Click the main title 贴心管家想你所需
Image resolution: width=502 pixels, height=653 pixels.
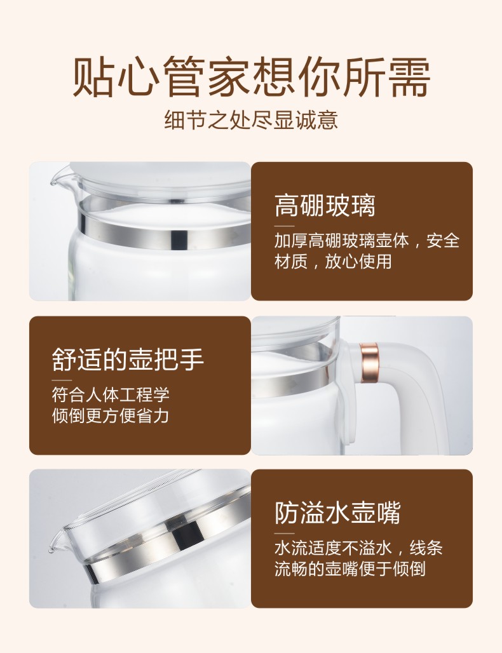251,77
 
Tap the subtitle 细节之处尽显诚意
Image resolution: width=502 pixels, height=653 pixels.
251,119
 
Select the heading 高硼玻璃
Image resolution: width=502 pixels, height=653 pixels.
325,205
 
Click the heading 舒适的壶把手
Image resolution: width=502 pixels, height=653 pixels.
128,359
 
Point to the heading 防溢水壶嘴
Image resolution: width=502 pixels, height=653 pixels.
337,512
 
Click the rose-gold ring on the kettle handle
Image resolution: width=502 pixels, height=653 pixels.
369,363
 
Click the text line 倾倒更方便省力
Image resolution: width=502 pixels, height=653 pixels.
111,415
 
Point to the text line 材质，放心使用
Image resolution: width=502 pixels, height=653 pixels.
333,262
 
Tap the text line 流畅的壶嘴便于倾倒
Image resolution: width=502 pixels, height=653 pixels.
350,569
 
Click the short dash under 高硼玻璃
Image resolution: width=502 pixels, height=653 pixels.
284,226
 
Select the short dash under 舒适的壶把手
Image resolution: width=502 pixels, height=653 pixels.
62,380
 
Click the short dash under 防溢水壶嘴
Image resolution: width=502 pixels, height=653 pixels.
284,533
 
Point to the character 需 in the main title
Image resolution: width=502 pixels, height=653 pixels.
409,77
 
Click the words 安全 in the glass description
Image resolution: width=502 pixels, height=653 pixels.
443,241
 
